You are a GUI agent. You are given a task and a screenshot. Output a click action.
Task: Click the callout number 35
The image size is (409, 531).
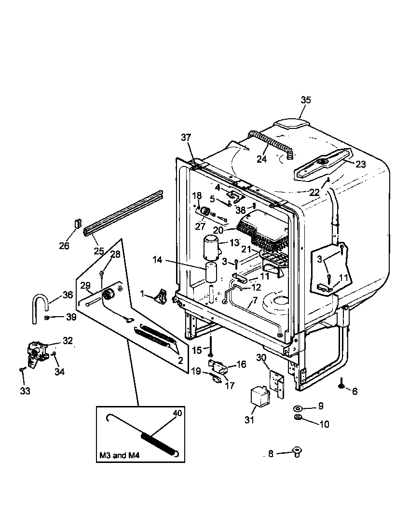coord(306,100)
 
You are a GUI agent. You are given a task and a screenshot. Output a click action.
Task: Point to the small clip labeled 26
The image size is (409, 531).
coord(77,224)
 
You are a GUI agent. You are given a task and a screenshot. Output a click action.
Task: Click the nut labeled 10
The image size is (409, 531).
coord(298,417)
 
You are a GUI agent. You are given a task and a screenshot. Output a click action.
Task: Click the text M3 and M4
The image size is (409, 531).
coord(119,455)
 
